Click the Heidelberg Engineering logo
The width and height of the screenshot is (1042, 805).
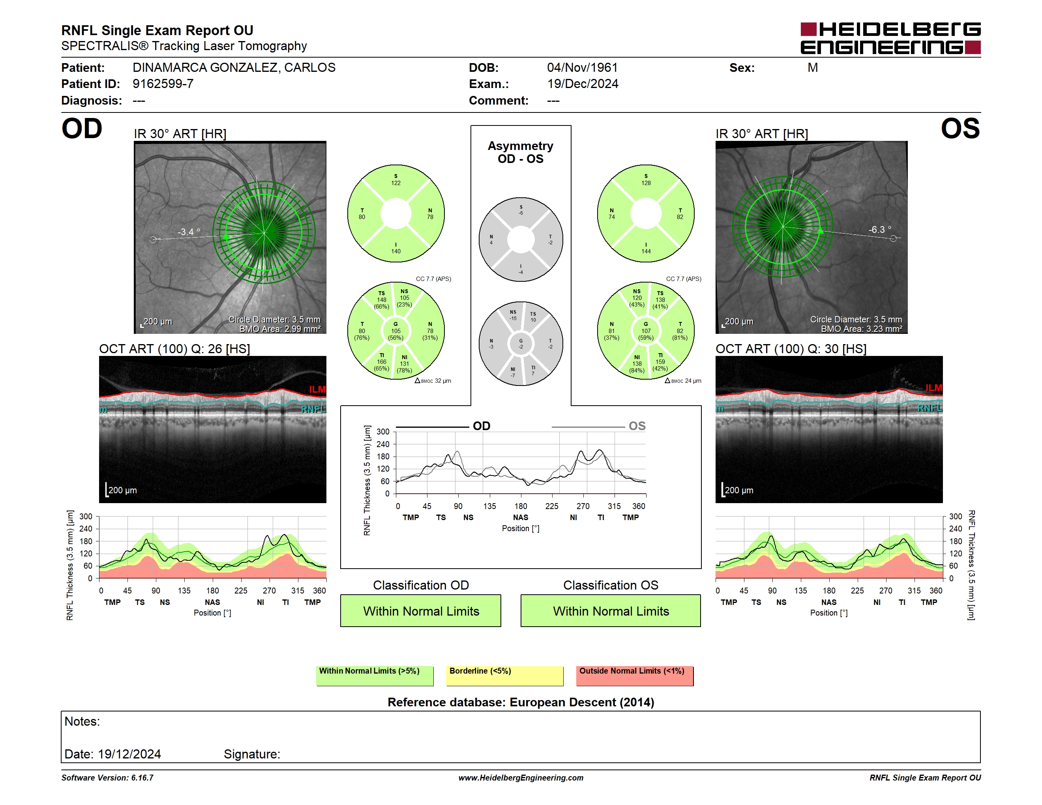pyautogui.click(x=890, y=38)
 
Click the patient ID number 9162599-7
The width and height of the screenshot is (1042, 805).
pyautogui.click(x=163, y=84)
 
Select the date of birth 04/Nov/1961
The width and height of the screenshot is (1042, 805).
pyautogui.click(x=582, y=68)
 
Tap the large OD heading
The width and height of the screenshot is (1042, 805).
pyautogui.click(x=82, y=128)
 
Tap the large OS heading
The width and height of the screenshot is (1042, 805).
pyautogui.click(x=960, y=128)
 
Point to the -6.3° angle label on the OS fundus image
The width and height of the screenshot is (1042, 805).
pyautogui.click(x=880, y=229)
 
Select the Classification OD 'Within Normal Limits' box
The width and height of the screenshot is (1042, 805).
pyautogui.click(x=421, y=610)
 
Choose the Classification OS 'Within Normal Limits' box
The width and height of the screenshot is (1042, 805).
pyautogui.click(x=611, y=610)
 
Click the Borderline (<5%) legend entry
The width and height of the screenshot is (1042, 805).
pyautogui.click(x=505, y=676)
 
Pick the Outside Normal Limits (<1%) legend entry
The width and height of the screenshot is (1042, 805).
pyautogui.click(x=635, y=676)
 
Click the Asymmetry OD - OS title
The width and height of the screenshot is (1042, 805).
pyautogui.click(x=521, y=152)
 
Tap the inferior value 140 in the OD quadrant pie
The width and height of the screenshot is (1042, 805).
pyautogui.click(x=396, y=251)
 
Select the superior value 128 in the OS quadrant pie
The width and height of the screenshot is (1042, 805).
pyautogui.click(x=646, y=183)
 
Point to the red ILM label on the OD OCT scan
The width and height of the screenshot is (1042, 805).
pyautogui.click(x=317, y=389)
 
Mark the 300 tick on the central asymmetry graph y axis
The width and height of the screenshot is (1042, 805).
pyautogui.click(x=383, y=432)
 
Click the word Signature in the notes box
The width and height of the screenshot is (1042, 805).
pyautogui.click(x=252, y=754)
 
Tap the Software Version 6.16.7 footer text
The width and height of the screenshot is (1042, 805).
pyautogui.click(x=107, y=778)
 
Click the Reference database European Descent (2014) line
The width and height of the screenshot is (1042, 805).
pyautogui.click(x=521, y=702)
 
